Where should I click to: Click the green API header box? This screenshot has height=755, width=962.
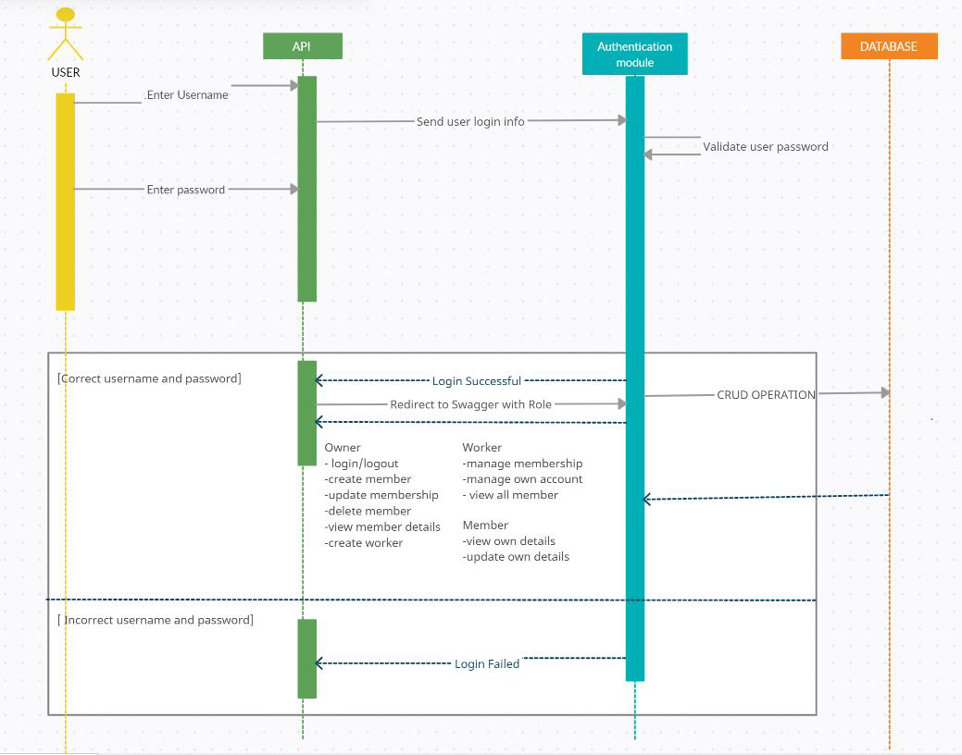[x=303, y=46]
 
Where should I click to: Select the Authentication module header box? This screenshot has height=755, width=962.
[x=634, y=54]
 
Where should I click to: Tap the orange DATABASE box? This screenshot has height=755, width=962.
[x=889, y=46]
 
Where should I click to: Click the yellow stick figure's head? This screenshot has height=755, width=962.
[x=66, y=16]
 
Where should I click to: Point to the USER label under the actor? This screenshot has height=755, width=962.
[x=66, y=72]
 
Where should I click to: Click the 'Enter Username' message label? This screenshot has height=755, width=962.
[x=187, y=95]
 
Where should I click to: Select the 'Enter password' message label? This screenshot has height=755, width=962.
[x=186, y=190]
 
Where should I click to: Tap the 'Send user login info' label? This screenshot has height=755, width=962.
[x=470, y=121]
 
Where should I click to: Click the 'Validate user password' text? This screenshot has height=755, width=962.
[x=766, y=146]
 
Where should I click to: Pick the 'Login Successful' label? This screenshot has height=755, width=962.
[x=477, y=381]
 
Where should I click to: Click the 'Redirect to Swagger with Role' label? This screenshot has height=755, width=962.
[x=470, y=404]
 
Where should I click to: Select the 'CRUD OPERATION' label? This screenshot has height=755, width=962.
[x=767, y=395]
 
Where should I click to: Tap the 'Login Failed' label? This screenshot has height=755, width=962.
[x=487, y=663]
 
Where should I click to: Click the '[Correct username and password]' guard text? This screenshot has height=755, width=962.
[x=149, y=378]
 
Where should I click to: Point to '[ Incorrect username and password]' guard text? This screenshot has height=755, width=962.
[x=156, y=620]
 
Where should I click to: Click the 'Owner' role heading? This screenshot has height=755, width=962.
[x=343, y=448]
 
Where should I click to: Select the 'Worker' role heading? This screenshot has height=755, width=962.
[x=481, y=448]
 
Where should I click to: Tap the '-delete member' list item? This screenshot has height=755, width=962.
[x=368, y=511]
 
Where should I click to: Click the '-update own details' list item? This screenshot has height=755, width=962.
[x=516, y=557]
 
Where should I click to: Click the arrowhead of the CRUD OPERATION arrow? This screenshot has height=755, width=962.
[x=885, y=392]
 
